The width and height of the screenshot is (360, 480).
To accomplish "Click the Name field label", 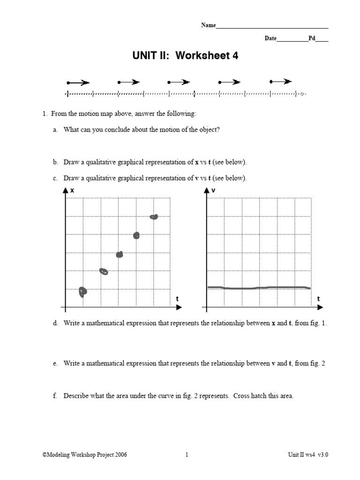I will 208,25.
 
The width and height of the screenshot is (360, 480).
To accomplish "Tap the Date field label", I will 270,38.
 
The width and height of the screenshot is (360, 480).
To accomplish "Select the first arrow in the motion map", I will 78,83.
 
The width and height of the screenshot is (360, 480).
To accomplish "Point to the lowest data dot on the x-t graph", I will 83,292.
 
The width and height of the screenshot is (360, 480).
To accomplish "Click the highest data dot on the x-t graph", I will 154,217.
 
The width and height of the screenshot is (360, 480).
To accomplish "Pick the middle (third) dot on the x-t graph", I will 120,254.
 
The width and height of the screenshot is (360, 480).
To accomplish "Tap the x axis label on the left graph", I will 72,190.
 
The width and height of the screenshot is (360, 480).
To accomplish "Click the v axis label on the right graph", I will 213,190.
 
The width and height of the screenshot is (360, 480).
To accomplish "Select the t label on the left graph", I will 177,299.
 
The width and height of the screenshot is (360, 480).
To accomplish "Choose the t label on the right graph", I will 318,299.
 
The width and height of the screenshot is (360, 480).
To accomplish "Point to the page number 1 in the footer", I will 187,455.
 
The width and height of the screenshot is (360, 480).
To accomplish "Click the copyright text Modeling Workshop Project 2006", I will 84,455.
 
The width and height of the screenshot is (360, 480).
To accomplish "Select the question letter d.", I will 55,323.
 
